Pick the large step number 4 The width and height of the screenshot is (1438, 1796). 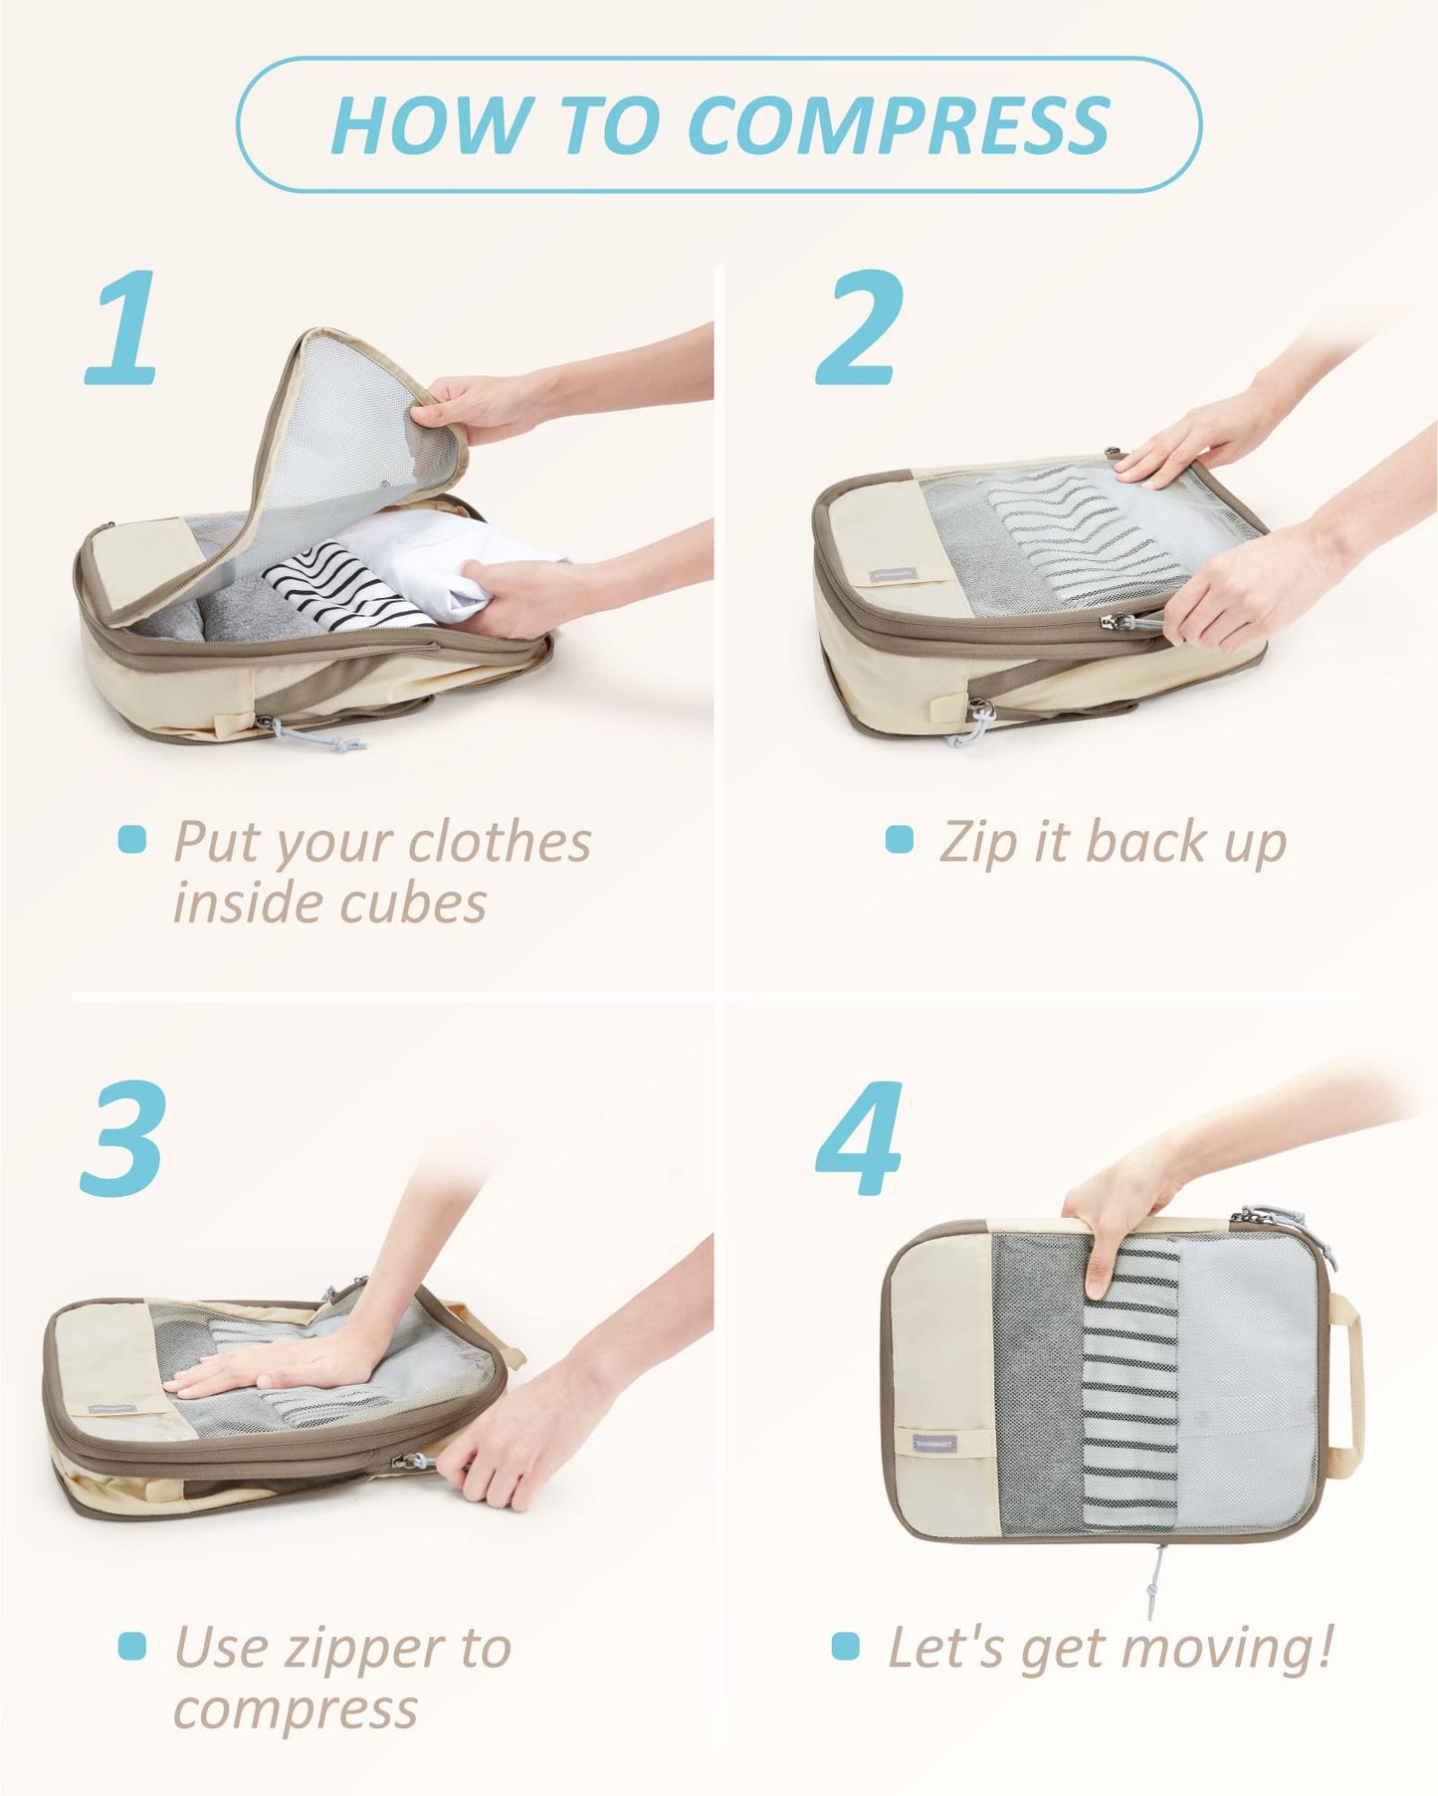pyautogui.click(x=859, y=1138)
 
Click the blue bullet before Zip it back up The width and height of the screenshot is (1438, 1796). pyautogui.click(x=899, y=839)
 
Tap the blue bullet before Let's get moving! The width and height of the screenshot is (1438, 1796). pyautogui.click(x=845, y=1645)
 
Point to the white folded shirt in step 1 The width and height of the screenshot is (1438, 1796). pyautogui.click(x=438, y=557)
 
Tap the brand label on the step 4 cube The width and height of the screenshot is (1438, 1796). pyautogui.click(x=935, y=1442)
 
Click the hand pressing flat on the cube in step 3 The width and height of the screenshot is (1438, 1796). pyautogui.click(x=269, y=1368)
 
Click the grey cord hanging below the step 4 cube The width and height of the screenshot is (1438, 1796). pyautogui.click(x=1157, y=1582)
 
